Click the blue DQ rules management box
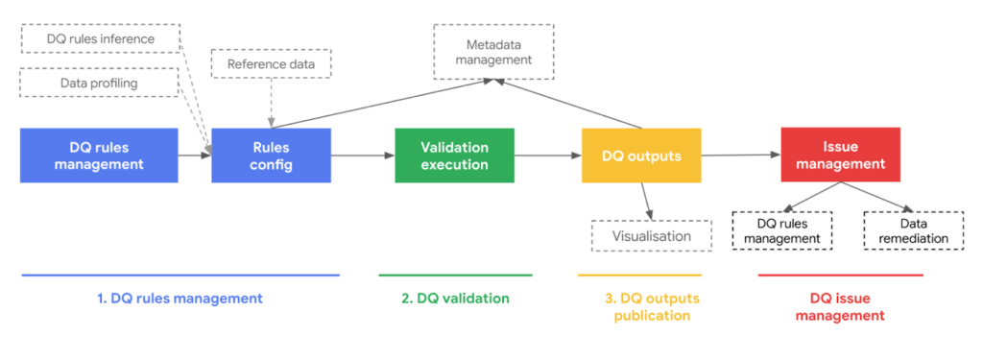coord(99,156)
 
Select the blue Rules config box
coord(272,156)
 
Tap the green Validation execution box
coord(454,156)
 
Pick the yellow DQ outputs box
coord(641,156)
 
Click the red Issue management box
coord(840,156)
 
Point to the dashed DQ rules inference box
coord(101,39)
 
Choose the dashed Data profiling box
coord(101,83)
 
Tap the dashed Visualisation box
coord(652,236)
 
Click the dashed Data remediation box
coord(912,230)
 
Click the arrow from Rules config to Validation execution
coord(362,156)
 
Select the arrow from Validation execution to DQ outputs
coord(547,156)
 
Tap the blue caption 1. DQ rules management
coord(180,299)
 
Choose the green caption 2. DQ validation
coord(455,299)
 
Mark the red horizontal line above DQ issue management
coord(840,276)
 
